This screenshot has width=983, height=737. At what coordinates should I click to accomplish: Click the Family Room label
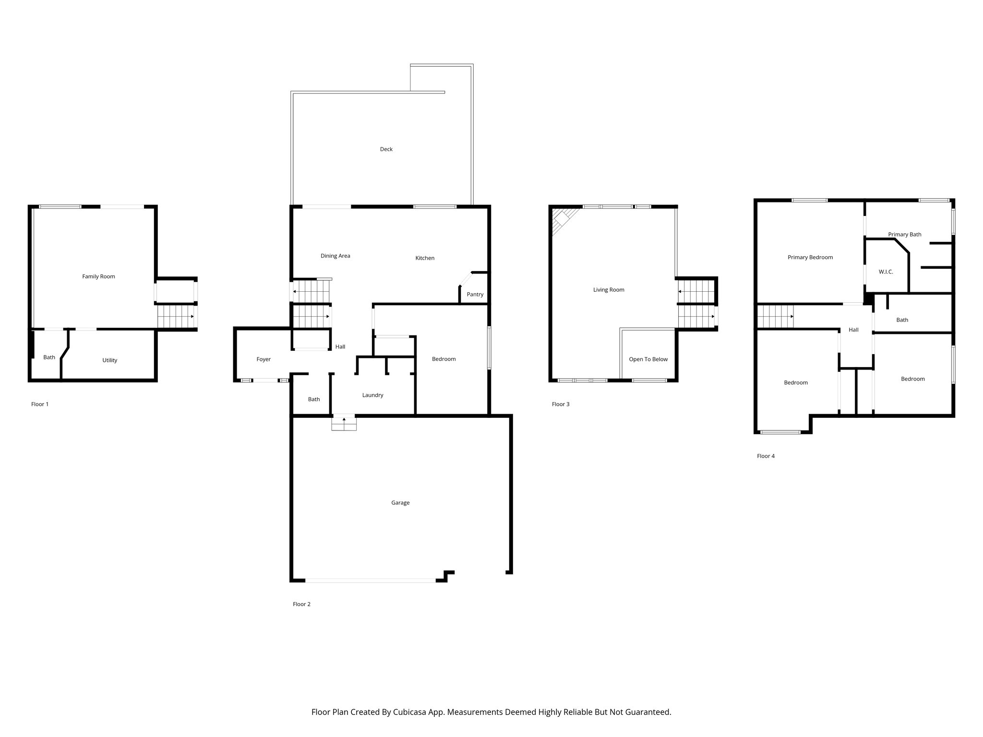point(98,276)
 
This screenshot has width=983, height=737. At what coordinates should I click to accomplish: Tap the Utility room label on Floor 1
point(109,360)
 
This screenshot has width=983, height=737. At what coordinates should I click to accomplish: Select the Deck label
point(386,149)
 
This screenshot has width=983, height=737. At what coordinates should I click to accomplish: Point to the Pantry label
point(475,295)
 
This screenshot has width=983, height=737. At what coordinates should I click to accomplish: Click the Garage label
point(400,503)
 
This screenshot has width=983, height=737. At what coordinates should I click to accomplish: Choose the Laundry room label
point(372,395)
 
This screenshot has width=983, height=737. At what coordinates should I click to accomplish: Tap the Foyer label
point(264,359)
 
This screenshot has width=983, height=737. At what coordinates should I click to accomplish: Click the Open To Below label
point(648,359)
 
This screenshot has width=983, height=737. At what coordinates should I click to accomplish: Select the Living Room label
point(608,290)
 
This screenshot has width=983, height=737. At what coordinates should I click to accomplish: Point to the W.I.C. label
point(886,272)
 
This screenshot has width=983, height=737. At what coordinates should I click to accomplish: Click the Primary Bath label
point(904,235)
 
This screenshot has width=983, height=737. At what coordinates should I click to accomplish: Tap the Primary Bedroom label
point(810,258)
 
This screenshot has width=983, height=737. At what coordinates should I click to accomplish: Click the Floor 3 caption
point(560,404)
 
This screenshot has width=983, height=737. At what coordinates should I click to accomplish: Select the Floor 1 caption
point(40,404)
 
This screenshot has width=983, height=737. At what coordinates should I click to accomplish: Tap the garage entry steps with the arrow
point(344,423)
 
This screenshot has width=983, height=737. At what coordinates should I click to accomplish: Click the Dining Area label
point(335,256)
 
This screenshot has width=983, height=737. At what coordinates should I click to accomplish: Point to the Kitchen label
point(424,258)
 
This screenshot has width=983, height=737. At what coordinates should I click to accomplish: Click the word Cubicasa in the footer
point(410,712)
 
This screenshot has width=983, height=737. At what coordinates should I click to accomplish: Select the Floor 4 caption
point(766,456)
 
